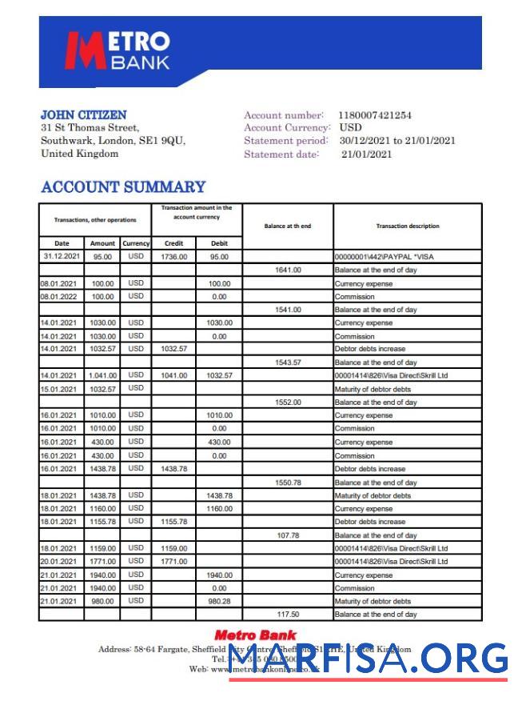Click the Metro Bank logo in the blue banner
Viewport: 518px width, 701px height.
tap(118, 51)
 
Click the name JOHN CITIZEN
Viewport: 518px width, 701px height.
tap(83, 115)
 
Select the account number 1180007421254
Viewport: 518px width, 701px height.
tap(374, 115)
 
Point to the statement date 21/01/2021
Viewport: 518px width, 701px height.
tap(366, 154)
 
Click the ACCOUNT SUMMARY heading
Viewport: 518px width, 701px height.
tap(123, 187)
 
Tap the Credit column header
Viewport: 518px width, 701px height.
tap(173, 243)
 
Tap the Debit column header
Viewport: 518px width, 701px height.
tap(219, 243)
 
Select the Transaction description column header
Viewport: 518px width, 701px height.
tap(407, 226)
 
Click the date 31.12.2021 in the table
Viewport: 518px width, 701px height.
tap(62, 257)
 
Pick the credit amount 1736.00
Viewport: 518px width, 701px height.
tap(173, 257)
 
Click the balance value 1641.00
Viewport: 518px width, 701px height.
tap(288, 270)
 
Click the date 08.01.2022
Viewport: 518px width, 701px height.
tap(61, 296)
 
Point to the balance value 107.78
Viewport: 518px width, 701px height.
tap(288, 535)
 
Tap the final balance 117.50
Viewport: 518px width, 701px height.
tap(288, 615)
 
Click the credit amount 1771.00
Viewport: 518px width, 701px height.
tap(173, 562)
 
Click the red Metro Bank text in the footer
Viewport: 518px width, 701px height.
tap(255, 635)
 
